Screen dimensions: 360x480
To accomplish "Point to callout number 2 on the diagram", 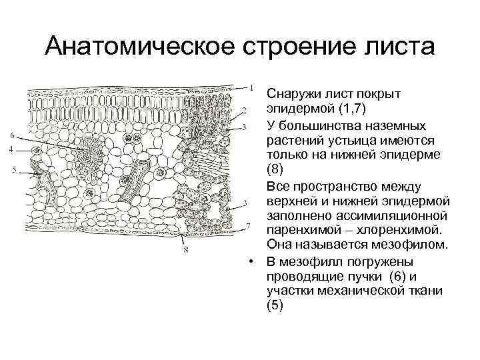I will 245,109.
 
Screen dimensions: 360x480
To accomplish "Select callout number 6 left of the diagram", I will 13,135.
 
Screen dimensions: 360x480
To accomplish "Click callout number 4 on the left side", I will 10,150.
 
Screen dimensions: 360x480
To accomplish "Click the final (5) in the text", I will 274,306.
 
